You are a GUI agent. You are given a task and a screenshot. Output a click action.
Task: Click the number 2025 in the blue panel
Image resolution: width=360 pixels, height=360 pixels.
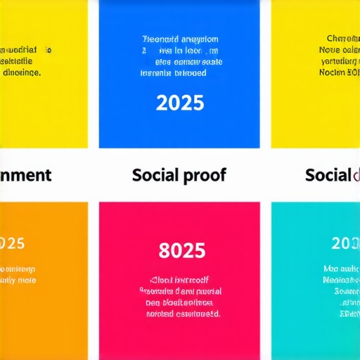click(x=180, y=103)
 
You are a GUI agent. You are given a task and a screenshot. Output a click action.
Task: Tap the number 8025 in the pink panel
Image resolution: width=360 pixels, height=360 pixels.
click(x=182, y=250)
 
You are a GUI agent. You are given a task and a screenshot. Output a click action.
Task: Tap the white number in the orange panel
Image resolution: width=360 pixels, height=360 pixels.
click(x=12, y=243)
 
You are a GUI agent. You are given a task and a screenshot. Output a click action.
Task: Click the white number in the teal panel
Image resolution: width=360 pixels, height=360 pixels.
click(x=345, y=243)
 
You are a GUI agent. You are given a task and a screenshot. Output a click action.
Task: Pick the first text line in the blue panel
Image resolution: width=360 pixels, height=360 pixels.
click(x=180, y=39)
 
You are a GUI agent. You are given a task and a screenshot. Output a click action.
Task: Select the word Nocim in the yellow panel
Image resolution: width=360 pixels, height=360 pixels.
click(x=332, y=72)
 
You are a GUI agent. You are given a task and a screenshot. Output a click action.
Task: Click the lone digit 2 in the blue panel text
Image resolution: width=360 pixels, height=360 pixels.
click(x=144, y=51)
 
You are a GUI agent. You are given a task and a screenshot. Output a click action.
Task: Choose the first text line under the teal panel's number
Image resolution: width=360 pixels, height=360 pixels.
click(x=341, y=269)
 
